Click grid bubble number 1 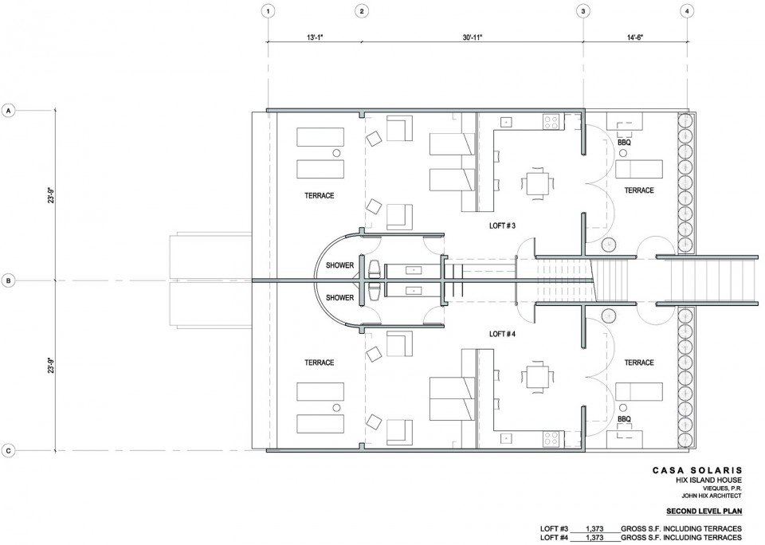(268, 10)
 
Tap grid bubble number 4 (687, 10)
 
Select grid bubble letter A (8, 112)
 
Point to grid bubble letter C (8, 451)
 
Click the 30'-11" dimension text (473, 37)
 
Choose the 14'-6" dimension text (635, 37)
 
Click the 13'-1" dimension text (314, 37)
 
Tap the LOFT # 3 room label (502, 226)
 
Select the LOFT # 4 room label (502, 334)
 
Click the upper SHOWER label (339, 265)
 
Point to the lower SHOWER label (339, 298)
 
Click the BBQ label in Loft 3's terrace (624, 143)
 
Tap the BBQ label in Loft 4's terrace (624, 419)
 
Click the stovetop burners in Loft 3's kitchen (551, 121)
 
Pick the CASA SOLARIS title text (697, 470)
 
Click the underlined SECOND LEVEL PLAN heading (704, 512)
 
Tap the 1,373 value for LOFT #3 (594, 528)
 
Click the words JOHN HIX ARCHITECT (712, 496)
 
